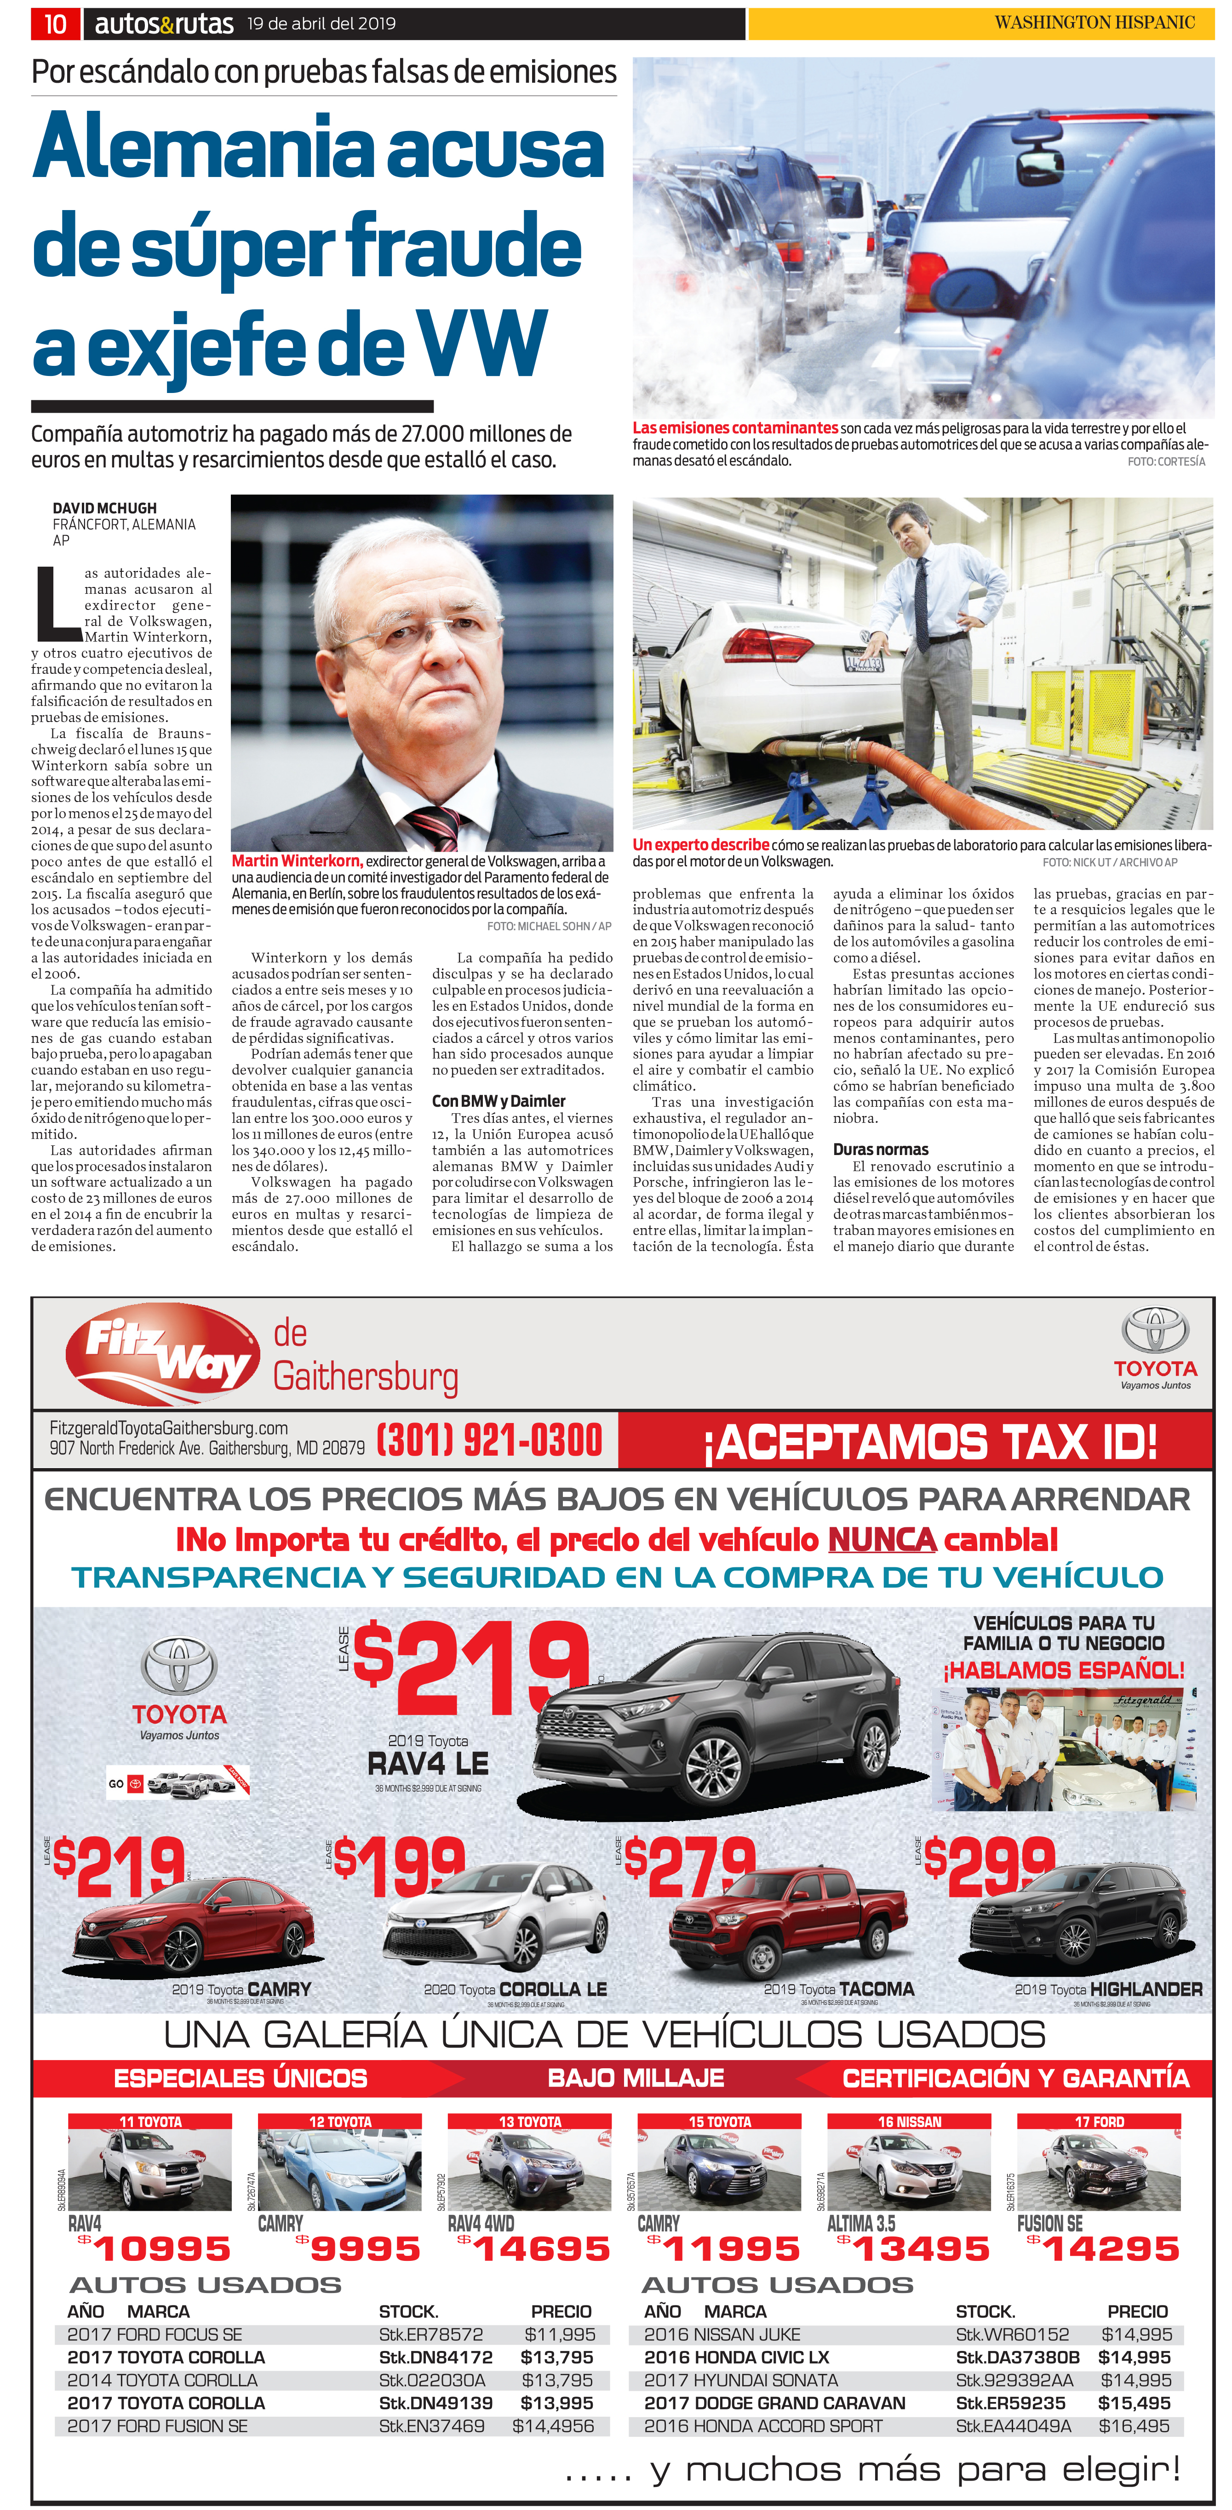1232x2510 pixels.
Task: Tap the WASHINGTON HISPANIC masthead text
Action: (1094, 23)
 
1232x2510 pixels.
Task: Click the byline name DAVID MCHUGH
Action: (104, 507)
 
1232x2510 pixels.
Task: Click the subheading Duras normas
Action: (880, 1150)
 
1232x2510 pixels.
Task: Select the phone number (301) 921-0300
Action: (489, 1440)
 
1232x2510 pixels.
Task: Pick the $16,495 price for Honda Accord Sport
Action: (1135, 2425)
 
